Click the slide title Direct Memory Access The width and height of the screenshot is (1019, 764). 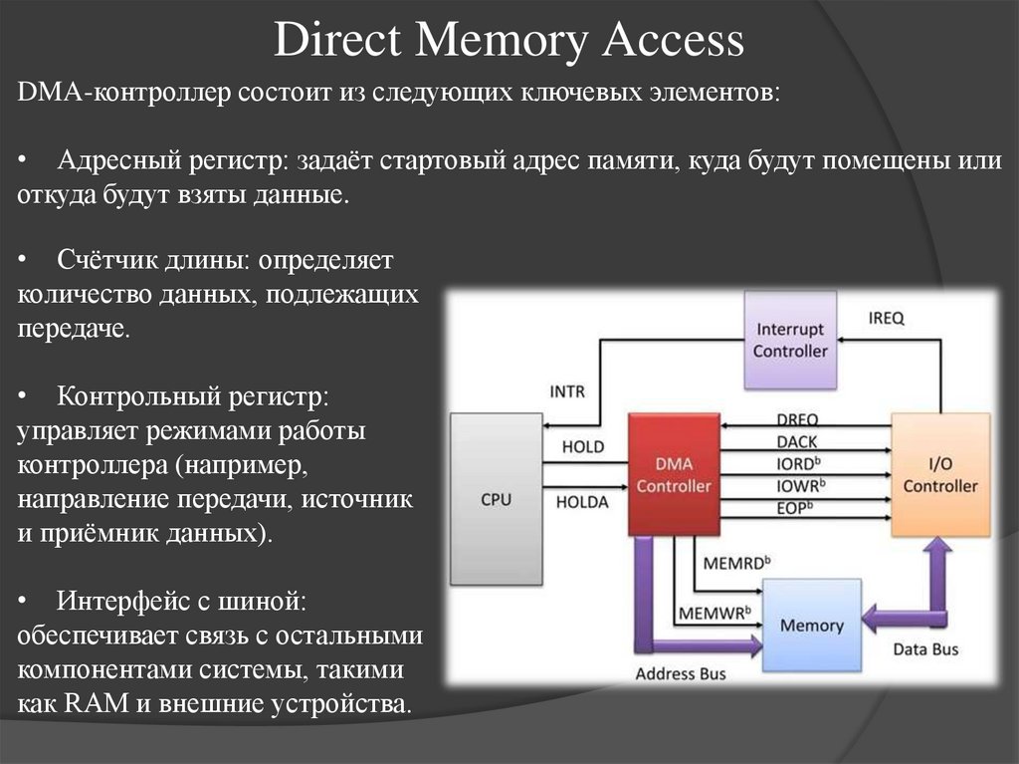509,41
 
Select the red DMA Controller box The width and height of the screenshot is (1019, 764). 674,474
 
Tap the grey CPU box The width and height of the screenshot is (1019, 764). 496,499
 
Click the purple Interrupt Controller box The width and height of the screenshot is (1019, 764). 790,340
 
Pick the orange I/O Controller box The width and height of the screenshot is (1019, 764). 939,474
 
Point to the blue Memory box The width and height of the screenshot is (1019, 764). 811,626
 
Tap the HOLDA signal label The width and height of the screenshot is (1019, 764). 582,502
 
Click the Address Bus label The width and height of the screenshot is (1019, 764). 681,673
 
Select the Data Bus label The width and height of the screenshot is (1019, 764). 924,648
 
